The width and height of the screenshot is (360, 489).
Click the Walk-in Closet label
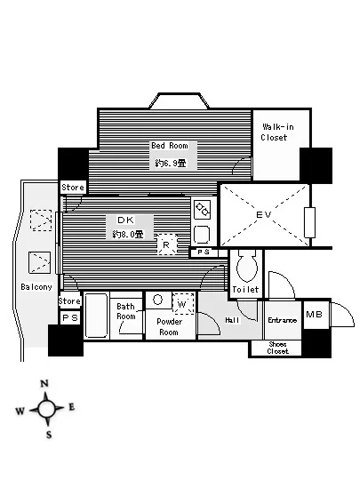pyautogui.click(x=275, y=132)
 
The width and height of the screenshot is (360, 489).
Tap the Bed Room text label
pyautogui.click(x=170, y=146)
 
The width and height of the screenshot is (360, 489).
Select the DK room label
pyautogui.click(x=125, y=220)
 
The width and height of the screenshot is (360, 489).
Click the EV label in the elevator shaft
pyautogui.click(x=264, y=214)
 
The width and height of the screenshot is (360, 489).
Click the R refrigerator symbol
pyautogui.click(x=167, y=244)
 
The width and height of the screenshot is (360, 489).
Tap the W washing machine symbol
pyautogui.click(x=183, y=303)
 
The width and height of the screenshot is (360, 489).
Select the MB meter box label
pyautogui.click(x=314, y=314)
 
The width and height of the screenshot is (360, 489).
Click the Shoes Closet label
pyautogui.click(x=277, y=348)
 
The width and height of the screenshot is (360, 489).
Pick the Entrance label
pyautogui.click(x=282, y=320)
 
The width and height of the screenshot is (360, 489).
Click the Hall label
pyautogui.click(x=232, y=320)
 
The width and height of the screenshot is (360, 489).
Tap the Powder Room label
pyautogui.click(x=169, y=327)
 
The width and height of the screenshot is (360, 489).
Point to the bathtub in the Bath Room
pyautogui.click(x=96, y=316)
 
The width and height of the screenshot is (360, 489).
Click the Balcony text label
pyautogui.click(x=36, y=287)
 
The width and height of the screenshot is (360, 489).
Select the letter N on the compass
pyautogui.click(x=44, y=383)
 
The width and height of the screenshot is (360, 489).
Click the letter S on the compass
pyautogui.click(x=49, y=435)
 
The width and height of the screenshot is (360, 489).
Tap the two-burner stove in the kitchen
pyautogui.click(x=202, y=210)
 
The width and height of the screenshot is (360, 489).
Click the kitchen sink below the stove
pyautogui.click(x=202, y=235)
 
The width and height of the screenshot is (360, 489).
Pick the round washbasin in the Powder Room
pyautogui.click(x=158, y=300)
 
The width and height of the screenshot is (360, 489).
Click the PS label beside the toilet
pyautogui.click(x=204, y=252)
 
